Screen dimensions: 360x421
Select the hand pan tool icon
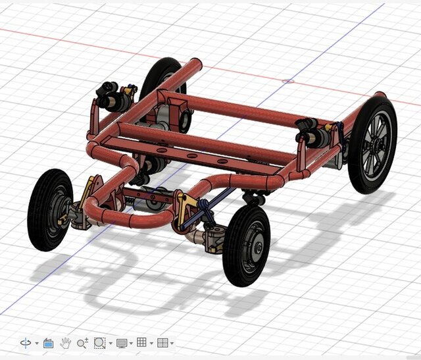point(65,343)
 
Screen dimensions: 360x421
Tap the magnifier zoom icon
point(82,343)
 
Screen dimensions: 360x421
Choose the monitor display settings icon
point(121,343)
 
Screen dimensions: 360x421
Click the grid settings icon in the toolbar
point(141,343)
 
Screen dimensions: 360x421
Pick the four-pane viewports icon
point(162,343)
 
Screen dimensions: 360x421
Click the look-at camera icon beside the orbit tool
point(48,343)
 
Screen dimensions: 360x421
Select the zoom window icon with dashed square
point(99,343)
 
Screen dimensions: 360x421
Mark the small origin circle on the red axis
point(287,82)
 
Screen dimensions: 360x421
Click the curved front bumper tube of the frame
point(125,217)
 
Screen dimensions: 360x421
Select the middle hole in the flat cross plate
point(192,156)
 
